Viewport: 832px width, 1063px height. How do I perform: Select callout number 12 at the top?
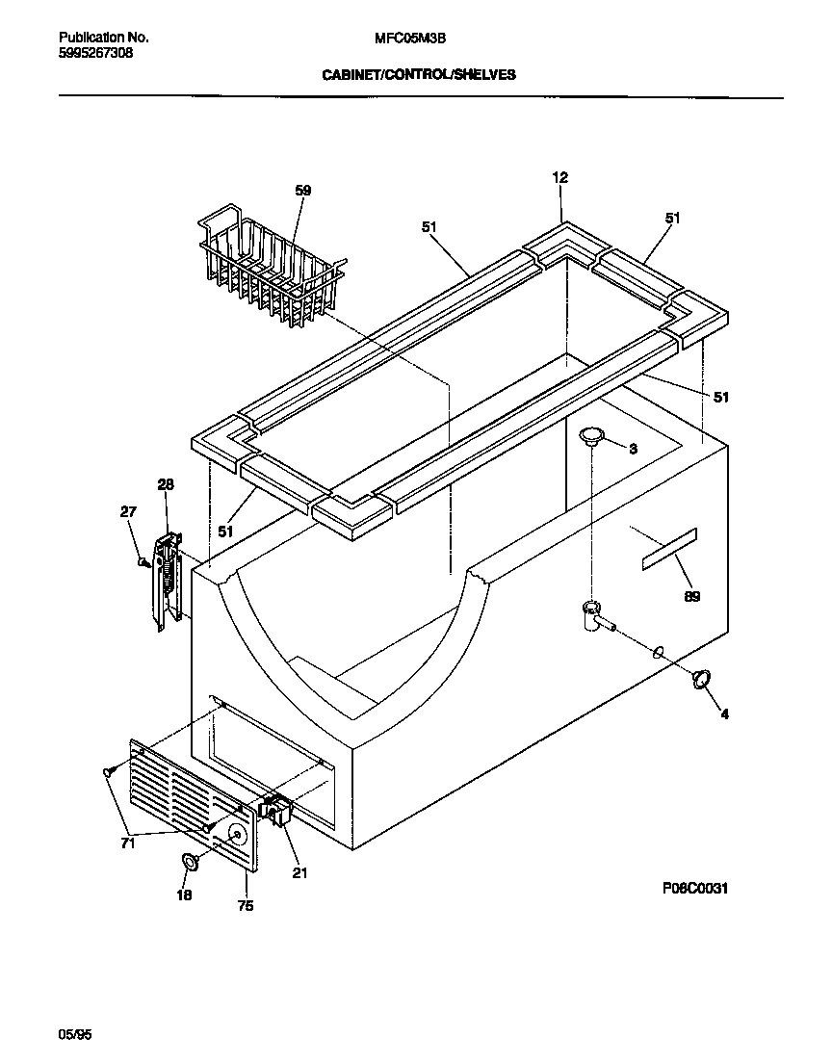coord(560,177)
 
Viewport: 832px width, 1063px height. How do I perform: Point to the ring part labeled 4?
coord(700,680)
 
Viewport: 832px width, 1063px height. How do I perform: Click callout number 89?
coord(691,597)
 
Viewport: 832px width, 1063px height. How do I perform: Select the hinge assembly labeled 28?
coord(168,583)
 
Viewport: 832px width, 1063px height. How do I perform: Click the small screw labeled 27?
coord(142,561)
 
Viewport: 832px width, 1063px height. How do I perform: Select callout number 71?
coord(128,844)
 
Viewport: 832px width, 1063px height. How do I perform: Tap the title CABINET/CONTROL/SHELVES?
coord(418,73)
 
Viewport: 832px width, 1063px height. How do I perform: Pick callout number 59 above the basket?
coord(302,191)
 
